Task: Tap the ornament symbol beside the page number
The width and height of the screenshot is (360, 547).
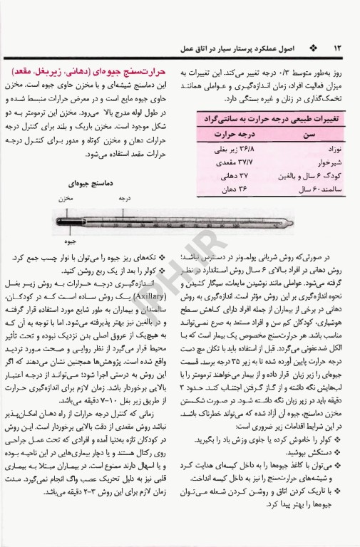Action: click(315, 46)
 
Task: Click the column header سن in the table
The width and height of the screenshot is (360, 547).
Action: click(309, 133)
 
